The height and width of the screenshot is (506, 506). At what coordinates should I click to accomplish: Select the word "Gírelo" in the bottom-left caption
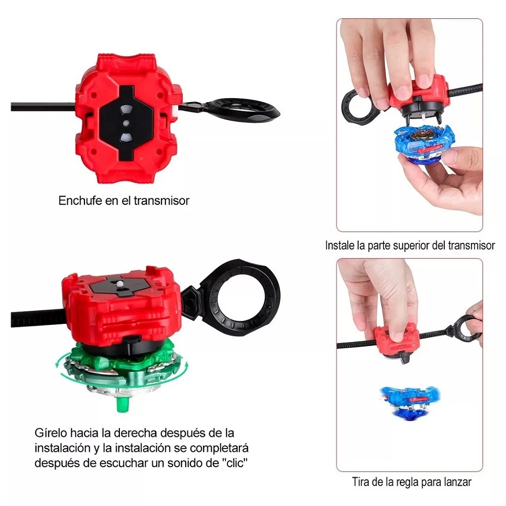tap(50, 433)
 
